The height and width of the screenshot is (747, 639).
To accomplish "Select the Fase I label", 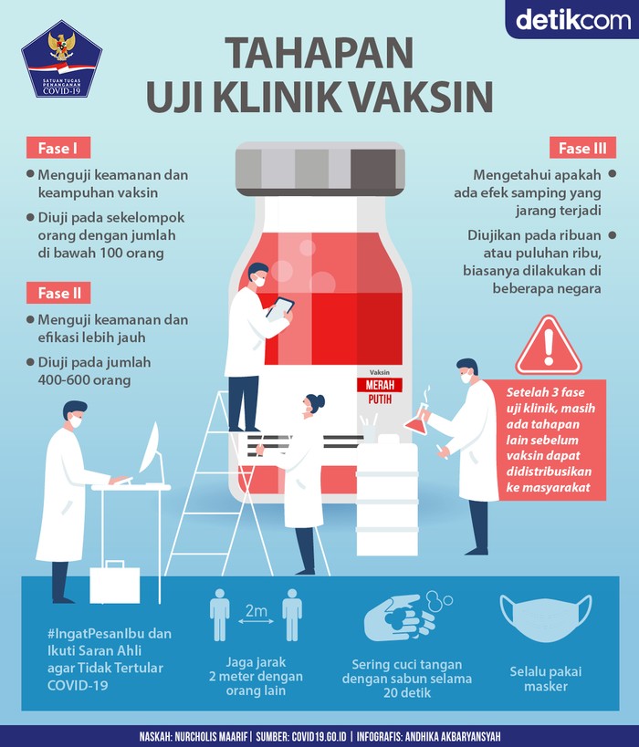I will coord(58,149).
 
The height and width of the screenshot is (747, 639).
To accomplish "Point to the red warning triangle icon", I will coord(548,348).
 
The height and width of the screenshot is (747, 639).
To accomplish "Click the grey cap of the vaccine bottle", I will coord(319,167).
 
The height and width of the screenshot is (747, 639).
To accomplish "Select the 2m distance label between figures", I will coord(255,615).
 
